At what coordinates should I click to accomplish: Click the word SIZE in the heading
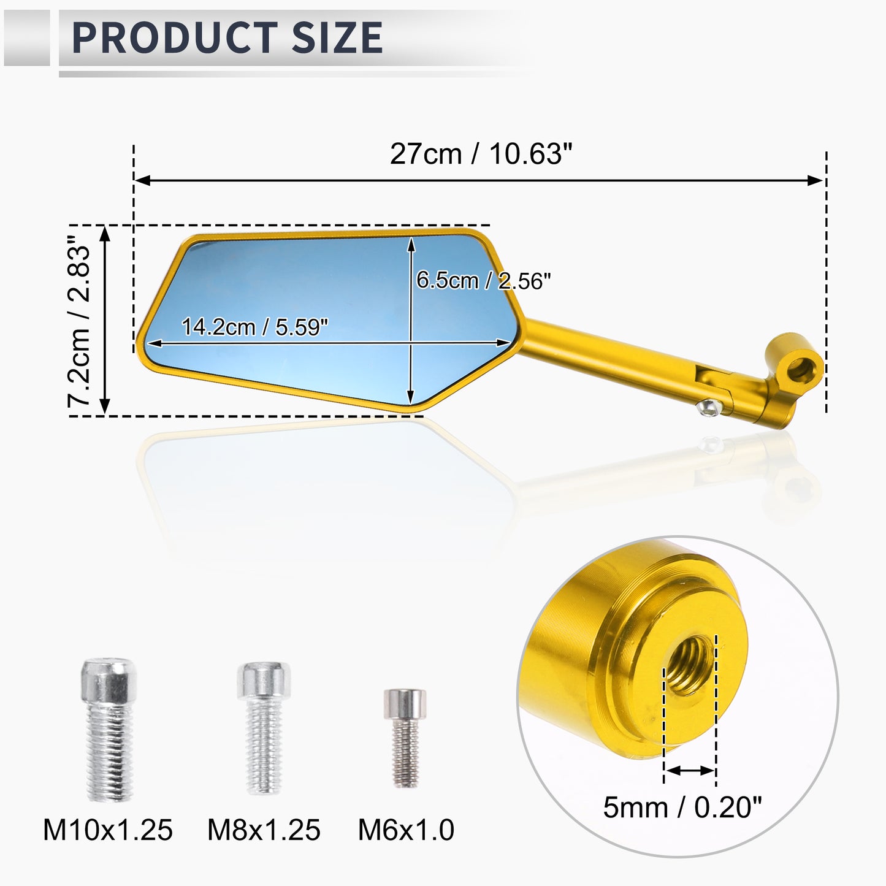tap(337, 37)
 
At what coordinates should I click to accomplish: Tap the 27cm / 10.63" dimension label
tap(481, 153)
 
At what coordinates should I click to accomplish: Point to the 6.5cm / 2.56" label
tap(483, 280)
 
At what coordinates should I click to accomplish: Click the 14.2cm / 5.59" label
tap(254, 327)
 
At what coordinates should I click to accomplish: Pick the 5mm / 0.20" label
tap(682, 808)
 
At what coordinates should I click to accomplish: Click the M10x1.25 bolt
tap(109, 730)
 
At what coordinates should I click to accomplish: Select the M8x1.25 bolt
tap(264, 728)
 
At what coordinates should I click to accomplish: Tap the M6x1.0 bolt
tap(405, 738)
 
